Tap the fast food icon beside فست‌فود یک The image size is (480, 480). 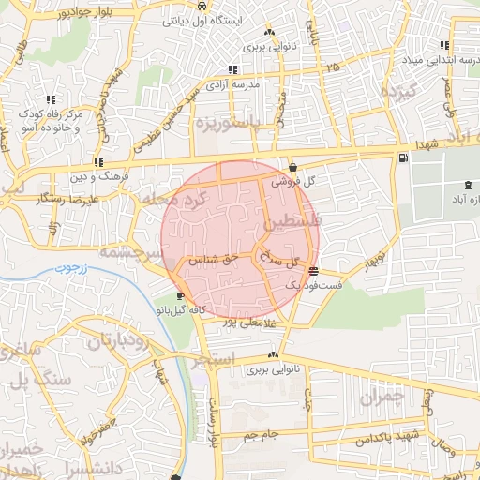(312, 272)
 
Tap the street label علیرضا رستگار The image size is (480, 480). (53, 201)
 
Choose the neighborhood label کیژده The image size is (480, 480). (397, 93)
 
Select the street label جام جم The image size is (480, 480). (262, 436)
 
